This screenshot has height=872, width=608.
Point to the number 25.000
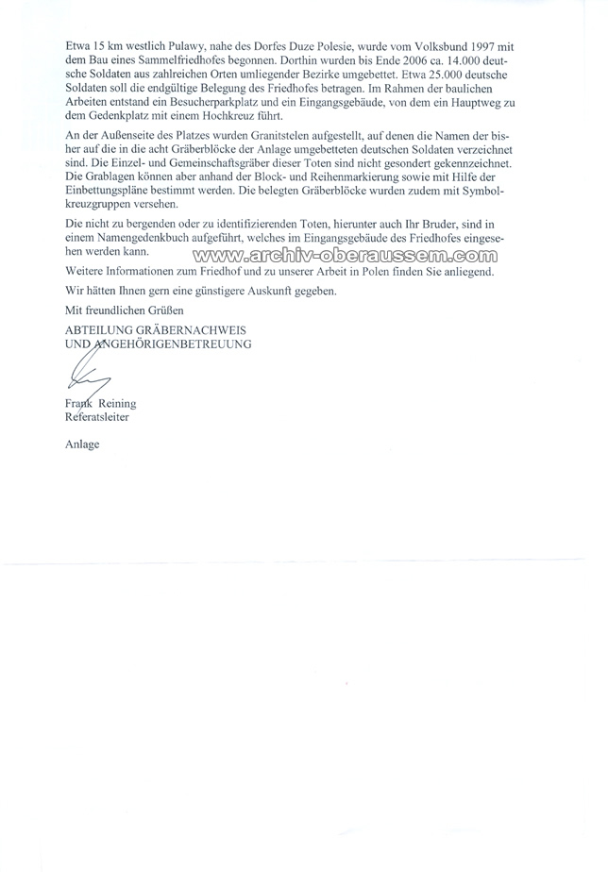point(441,78)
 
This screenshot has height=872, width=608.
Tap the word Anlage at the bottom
point(82,443)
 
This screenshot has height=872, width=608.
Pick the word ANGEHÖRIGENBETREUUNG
point(173,344)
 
